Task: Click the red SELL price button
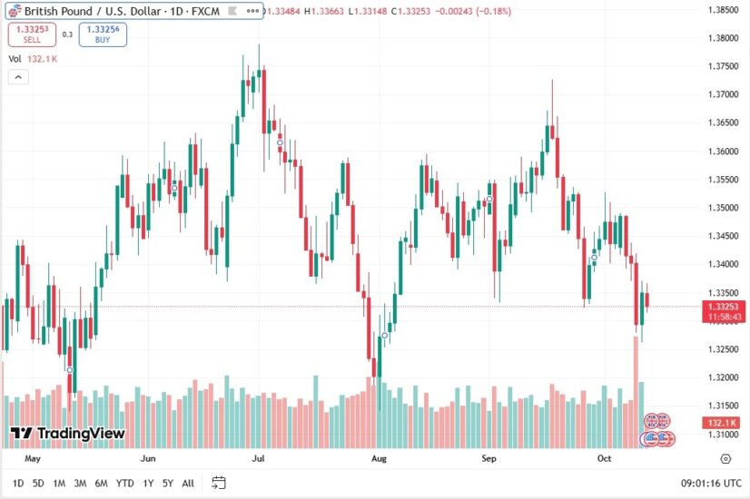coord(32,34)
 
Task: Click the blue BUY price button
coord(103,34)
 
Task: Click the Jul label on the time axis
coord(258,459)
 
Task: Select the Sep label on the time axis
coord(489,459)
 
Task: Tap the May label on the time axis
coord(34,459)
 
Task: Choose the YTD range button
coord(125,483)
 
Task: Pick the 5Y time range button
coord(168,483)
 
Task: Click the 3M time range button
coord(80,483)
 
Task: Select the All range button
coord(188,483)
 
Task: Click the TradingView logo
coord(68,434)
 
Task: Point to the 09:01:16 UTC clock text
coord(710,483)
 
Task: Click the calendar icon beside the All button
coord(219,483)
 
